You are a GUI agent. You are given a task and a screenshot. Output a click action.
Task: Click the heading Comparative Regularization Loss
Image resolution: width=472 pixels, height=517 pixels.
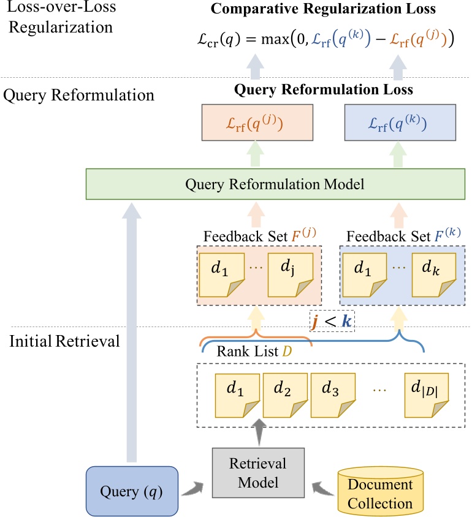[324, 9]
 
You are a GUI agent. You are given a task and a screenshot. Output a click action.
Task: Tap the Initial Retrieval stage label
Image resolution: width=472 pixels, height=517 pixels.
[64, 341]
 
